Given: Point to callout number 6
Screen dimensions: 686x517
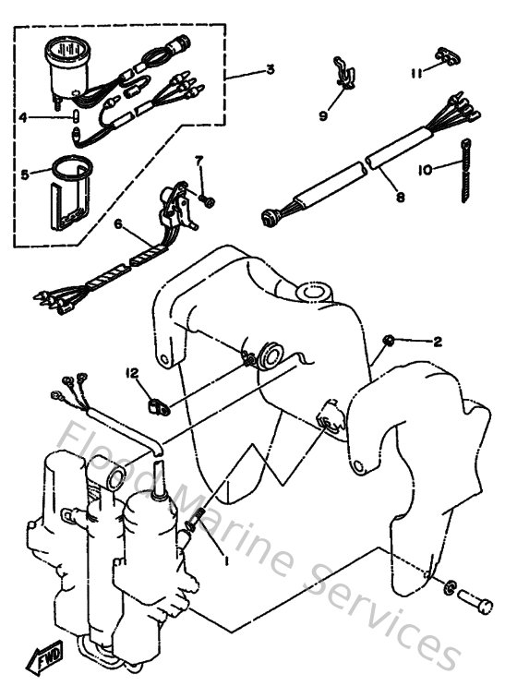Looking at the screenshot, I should click(x=118, y=223).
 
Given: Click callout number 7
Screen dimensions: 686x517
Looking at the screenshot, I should click(x=198, y=162).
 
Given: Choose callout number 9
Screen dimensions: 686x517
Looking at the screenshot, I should click(x=324, y=115).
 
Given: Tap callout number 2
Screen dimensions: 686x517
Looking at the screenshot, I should click(x=438, y=341).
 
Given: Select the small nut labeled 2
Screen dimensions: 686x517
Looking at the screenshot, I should click(x=392, y=340).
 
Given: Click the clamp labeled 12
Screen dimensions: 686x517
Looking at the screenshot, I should click(x=157, y=403).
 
